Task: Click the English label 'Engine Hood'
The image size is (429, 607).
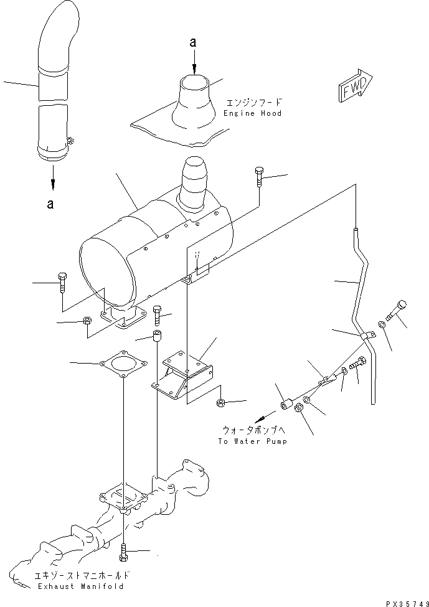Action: pyautogui.click(x=252, y=113)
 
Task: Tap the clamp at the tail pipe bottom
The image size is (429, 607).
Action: pyautogui.click(x=70, y=144)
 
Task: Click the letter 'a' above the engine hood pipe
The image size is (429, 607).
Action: pyautogui.click(x=193, y=42)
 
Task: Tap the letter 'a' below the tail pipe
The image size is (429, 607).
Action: pyautogui.click(x=50, y=203)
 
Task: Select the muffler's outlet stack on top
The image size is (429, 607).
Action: pyautogui.click(x=196, y=179)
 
